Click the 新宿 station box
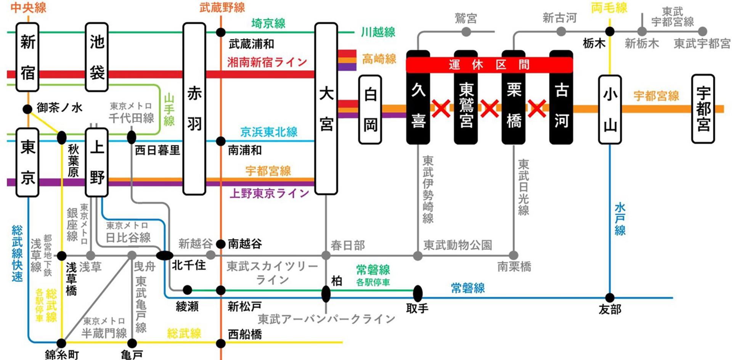tap(27, 57)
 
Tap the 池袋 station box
tap(97, 57)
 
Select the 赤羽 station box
tap(194, 109)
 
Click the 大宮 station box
tap(326, 109)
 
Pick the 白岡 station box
tap(370, 109)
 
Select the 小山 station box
tap(610, 109)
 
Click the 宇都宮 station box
tap(703, 109)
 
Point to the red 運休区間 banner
tap(489, 65)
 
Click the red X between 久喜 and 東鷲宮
tap(441, 109)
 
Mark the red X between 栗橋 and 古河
tap(537, 109)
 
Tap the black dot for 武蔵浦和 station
tap(221, 32)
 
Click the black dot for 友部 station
tap(610, 297)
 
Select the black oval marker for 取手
tap(418, 293)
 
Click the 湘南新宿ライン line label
tap(267, 62)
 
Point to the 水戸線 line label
tap(620, 219)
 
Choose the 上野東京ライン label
tap(269, 193)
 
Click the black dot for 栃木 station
tap(610, 32)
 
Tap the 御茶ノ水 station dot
tap(27, 109)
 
